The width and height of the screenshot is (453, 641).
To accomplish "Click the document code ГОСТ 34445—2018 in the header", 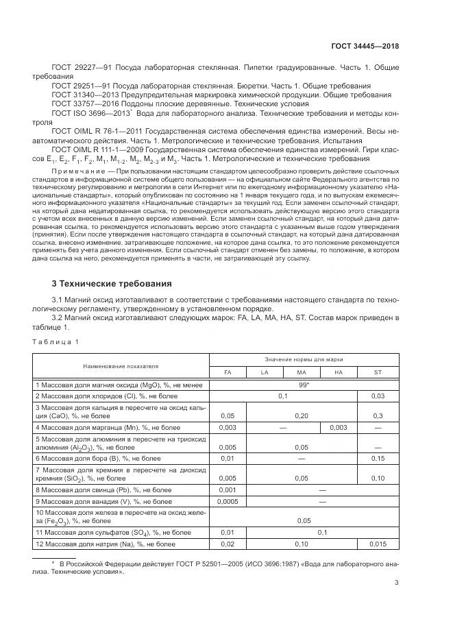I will [365, 45].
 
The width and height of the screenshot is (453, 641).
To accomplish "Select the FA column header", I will [228, 372].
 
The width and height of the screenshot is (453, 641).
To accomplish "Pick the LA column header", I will [264, 372].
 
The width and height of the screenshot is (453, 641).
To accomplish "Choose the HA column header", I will [338, 372].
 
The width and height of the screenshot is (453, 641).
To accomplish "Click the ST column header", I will [378, 372].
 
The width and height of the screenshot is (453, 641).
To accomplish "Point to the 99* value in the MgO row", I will [303, 385].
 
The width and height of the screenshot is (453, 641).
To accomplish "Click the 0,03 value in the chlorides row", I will [378, 396].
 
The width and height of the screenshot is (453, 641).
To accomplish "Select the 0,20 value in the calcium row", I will [301, 415].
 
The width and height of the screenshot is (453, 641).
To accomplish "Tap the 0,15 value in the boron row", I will [378, 458].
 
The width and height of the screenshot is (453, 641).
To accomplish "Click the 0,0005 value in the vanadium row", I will [227, 501].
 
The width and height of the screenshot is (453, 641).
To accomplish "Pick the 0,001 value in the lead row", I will [227, 490].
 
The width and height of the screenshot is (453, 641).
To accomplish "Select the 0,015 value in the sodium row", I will [378, 544].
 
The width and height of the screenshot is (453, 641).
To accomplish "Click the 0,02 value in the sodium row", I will [227, 544].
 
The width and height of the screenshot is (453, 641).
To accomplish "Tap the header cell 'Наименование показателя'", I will [121, 366].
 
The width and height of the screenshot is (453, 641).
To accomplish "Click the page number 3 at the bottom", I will [396, 583].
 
